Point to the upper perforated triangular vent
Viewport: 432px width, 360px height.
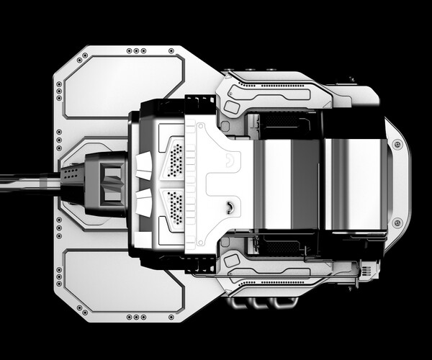click(x=176, y=158)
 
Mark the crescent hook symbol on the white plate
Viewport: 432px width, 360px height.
click(x=229, y=207)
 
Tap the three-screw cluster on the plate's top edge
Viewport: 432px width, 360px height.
click(x=134, y=52)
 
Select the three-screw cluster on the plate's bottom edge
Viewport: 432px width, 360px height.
click(x=134, y=316)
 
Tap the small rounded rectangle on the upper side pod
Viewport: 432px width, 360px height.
click(x=232, y=107)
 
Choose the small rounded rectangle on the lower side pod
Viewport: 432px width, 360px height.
click(x=232, y=256)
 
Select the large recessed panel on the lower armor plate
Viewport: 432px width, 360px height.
click(x=123, y=282)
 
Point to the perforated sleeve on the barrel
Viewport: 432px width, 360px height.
click(x=72, y=175)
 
